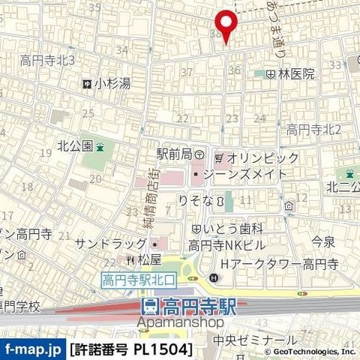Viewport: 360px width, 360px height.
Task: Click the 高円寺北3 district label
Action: [46, 60]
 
